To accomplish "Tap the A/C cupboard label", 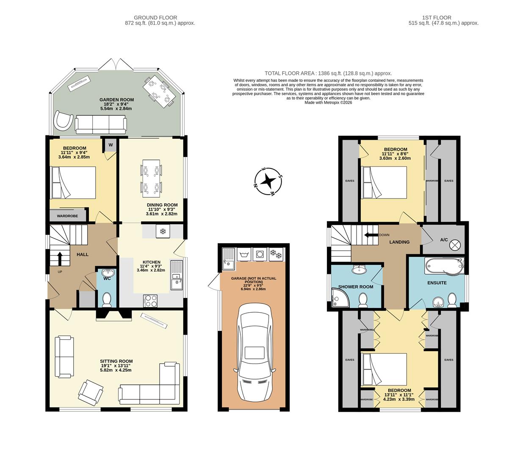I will click(444, 240).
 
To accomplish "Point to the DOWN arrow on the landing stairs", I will click(371, 235).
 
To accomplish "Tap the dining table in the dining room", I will click(151, 178).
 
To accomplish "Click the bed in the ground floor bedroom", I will click(73, 182).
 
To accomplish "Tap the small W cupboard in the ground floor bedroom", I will click(111, 145).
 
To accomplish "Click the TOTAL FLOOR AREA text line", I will click(328, 73).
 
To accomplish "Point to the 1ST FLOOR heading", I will click(437, 18).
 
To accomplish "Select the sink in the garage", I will click(228, 257).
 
